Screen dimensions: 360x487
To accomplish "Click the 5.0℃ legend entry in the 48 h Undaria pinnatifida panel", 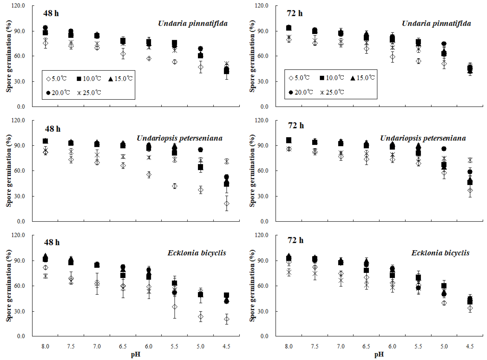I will [56, 79].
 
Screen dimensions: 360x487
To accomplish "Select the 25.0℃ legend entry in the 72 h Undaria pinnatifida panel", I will [332, 92].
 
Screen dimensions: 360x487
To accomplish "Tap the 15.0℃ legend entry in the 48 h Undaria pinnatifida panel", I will [120, 79].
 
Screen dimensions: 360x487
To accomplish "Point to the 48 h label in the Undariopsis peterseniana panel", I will [53, 129].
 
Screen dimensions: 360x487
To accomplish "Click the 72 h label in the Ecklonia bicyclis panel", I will [295, 240].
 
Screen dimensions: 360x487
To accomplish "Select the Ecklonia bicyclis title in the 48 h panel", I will [197, 253].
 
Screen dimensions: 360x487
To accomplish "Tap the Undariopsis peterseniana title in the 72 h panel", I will [423, 138].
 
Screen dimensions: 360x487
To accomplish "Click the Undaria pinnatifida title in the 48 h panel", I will [193, 24].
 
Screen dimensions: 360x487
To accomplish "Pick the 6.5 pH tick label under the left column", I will [123, 346].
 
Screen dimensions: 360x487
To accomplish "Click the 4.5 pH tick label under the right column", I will [470, 346].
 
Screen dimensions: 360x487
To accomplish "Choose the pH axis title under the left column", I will [136, 355].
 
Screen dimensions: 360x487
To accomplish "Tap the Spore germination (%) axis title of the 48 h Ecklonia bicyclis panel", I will [9, 285].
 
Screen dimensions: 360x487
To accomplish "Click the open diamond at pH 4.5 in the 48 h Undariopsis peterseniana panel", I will [226, 204].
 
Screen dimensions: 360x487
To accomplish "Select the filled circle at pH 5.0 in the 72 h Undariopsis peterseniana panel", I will [444, 149].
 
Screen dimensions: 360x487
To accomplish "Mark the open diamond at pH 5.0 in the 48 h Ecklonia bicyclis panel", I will [201, 317].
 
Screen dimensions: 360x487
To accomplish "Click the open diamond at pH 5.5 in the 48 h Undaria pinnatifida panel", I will [175, 62].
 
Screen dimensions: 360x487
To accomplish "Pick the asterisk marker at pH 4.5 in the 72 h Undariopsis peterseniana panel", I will [470, 160].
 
